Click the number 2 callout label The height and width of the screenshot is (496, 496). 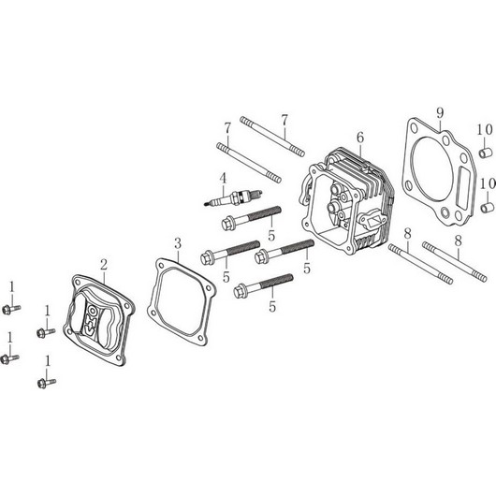click(x=104, y=265)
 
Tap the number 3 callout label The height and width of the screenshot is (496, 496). click(x=178, y=244)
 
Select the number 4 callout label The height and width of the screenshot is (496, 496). click(x=224, y=179)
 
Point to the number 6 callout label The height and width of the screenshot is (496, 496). click(x=360, y=138)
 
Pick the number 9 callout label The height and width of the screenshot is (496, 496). click(x=441, y=113)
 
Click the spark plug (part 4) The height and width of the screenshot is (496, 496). click(x=233, y=198)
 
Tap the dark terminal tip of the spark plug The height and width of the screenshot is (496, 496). click(x=206, y=205)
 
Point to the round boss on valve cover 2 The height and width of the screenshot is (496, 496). click(x=93, y=311)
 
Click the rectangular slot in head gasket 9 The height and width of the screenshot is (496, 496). click(x=464, y=188)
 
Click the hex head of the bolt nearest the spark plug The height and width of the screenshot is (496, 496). click(x=226, y=223)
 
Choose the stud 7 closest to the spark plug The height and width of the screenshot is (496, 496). click(x=249, y=163)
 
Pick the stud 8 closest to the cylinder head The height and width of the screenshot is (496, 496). click(x=420, y=264)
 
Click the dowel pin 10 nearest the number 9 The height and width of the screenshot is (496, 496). click(x=486, y=153)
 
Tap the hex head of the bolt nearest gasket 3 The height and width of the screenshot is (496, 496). click(x=207, y=257)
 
